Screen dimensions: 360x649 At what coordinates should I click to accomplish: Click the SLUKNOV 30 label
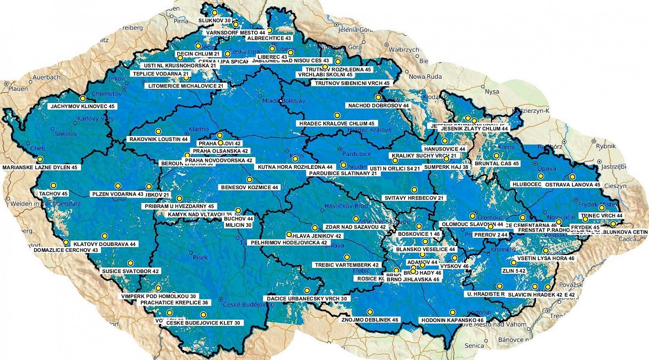pyautogui.click(x=215, y=20)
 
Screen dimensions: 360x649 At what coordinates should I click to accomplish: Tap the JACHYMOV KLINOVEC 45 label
pyautogui.click(x=82, y=106)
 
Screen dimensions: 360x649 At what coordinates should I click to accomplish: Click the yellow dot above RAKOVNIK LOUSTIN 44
pyautogui.click(x=158, y=131)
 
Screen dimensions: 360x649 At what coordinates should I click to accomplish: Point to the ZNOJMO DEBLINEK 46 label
pyautogui.click(x=370, y=320)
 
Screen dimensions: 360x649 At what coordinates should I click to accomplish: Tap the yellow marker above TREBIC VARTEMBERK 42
pyautogui.click(x=347, y=257)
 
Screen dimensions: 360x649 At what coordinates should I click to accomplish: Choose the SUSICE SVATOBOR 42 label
pyautogui.click(x=130, y=271)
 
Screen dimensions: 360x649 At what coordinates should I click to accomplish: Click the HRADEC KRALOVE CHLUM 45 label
pyautogui.click(x=337, y=123)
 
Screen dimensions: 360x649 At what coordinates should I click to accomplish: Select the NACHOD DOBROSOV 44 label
pyautogui.click(x=378, y=106)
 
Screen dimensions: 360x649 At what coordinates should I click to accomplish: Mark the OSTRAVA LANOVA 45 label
pyautogui.click(x=572, y=185)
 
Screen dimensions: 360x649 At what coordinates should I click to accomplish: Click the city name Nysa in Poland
pyautogui.click(x=492, y=92)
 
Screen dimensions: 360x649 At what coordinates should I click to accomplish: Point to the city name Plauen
pyautogui.click(x=18, y=88)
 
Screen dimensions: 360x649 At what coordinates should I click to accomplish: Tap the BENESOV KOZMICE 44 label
pyautogui.click(x=249, y=188)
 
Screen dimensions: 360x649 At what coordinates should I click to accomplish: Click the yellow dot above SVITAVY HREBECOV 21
pyautogui.click(x=414, y=190)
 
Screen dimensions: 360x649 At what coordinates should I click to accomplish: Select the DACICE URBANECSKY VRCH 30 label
pyautogui.click(x=307, y=298)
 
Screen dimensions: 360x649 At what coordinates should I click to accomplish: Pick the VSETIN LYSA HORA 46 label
pyautogui.click(x=546, y=258)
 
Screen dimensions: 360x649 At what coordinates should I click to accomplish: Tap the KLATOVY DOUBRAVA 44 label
pyautogui.click(x=104, y=244)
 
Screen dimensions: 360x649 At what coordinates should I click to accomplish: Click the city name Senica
pyautogui.click(x=474, y=346)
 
